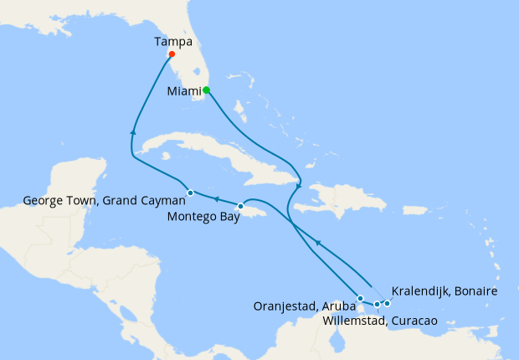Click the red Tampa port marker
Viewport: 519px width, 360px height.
171,54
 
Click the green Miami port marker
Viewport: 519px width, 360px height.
206,90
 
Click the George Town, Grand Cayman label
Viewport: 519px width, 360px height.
104,201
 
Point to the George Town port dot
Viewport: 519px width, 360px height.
191,193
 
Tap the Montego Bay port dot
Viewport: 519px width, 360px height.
240,206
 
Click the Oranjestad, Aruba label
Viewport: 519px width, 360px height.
304,306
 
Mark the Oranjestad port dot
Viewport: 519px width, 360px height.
360,298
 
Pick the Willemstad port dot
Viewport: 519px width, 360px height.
377,304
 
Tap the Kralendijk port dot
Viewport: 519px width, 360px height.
388,303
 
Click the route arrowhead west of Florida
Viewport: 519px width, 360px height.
132,132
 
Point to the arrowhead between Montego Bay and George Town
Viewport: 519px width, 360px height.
215,199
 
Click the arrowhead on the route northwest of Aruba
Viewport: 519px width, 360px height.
318,243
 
